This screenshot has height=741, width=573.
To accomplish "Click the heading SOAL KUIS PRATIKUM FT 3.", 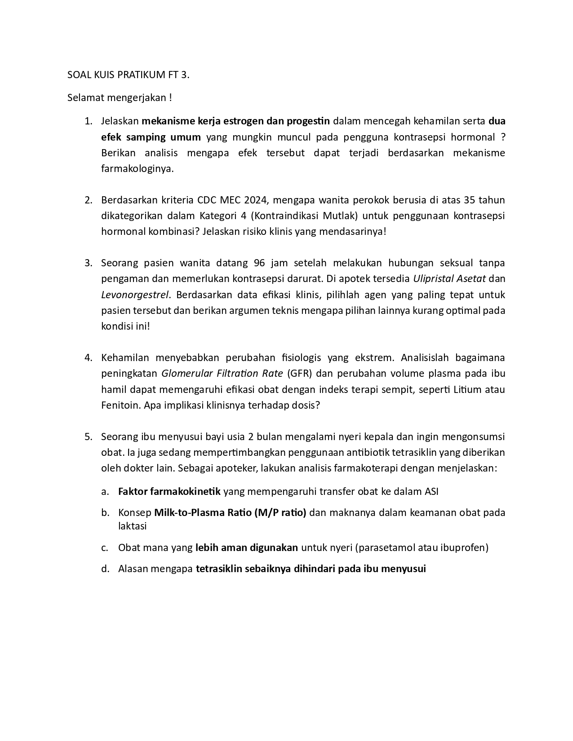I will coord(128,75).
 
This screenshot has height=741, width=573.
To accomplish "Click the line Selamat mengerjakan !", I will coord(120,97).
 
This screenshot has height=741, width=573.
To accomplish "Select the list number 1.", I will coord(88,121).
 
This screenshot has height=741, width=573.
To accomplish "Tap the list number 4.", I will coord(88,358).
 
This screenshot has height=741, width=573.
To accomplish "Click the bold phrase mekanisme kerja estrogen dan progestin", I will coord(236,121).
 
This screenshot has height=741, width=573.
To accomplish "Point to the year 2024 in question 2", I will coord(257,200).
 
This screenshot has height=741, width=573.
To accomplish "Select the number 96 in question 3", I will coord(259,263).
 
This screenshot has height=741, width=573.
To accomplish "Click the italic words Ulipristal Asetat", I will coord(449,279).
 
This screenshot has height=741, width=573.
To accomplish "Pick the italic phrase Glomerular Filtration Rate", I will coord(222,374).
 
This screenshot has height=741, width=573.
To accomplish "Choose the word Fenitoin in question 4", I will coord(121,405).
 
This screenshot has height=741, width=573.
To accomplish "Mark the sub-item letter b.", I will coord(105,513).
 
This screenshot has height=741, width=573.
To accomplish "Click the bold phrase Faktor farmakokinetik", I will coord(169,491).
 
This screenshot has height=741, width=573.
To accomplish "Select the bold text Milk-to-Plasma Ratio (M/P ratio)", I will coord(230,513).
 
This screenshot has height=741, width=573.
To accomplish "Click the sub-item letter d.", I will coord(105,569).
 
